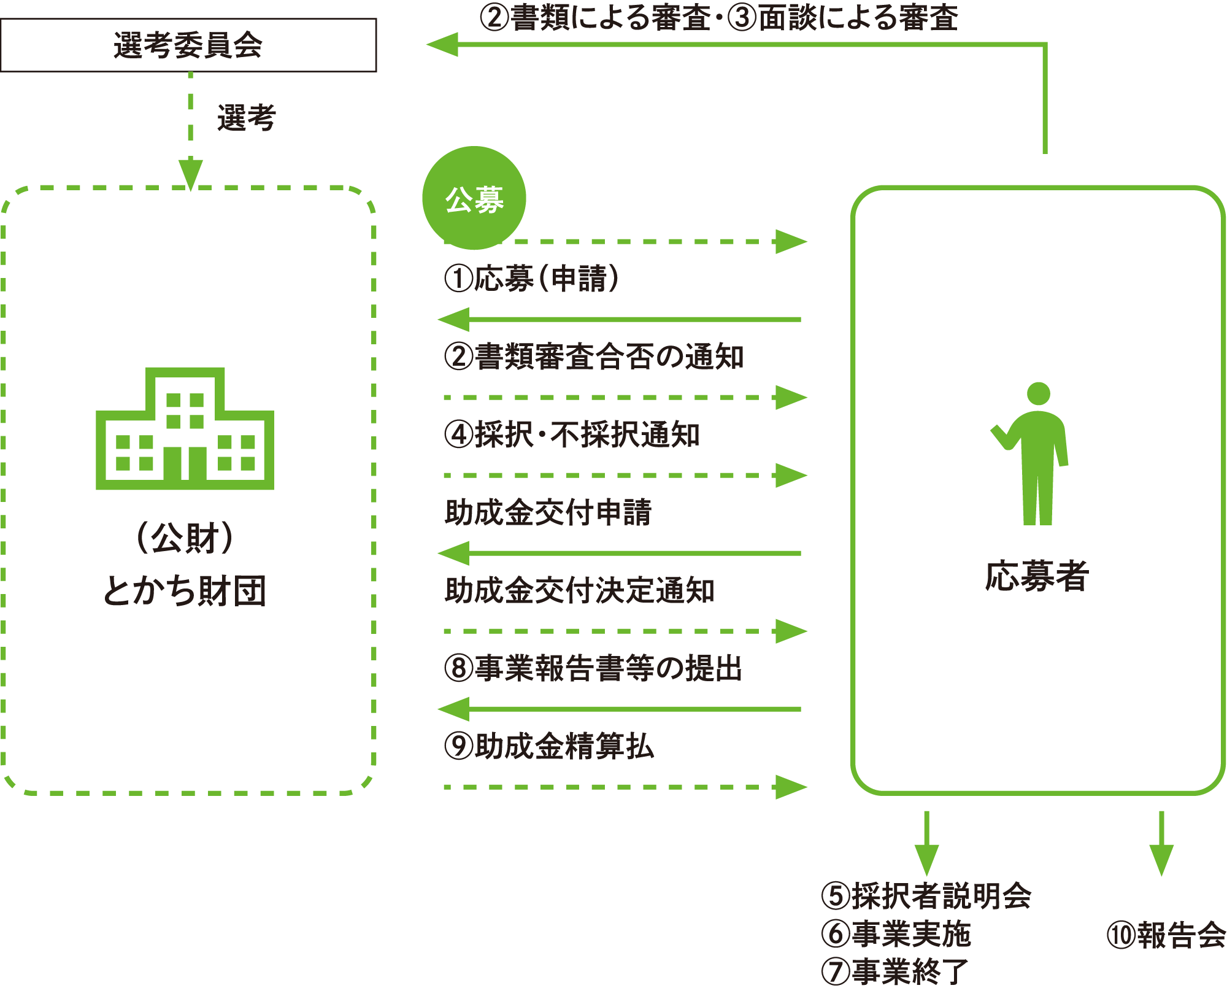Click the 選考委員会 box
click(188, 45)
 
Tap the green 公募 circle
click(474, 198)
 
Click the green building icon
click(185, 429)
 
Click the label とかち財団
click(185, 590)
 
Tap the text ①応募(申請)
click(531, 279)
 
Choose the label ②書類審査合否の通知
click(594, 357)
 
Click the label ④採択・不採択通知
click(572, 434)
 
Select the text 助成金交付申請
click(548, 512)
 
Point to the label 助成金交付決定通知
click(579, 590)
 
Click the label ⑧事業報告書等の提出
click(593, 668)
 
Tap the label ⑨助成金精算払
click(549, 746)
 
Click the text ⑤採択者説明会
click(926, 895)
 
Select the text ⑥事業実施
click(896, 933)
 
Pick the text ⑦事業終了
click(894, 971)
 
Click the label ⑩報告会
click(1166, 935)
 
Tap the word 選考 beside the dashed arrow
click(247, 118)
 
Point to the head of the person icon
click(1038, 393)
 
